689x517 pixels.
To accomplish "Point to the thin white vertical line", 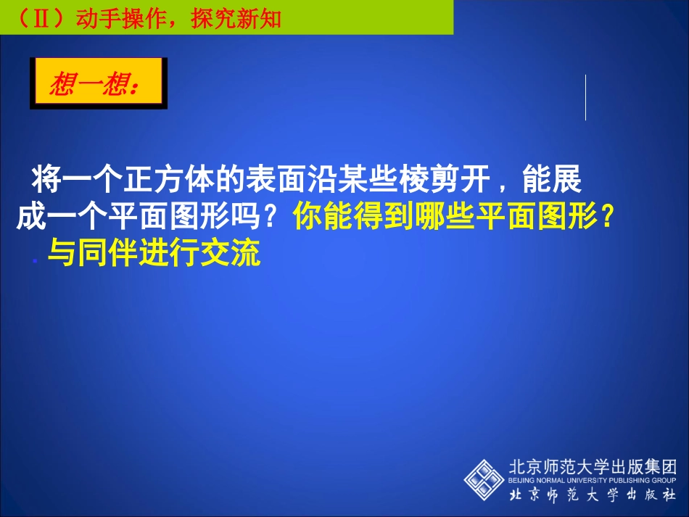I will [585, 97].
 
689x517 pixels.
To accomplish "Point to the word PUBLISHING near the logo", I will [631, 480].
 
